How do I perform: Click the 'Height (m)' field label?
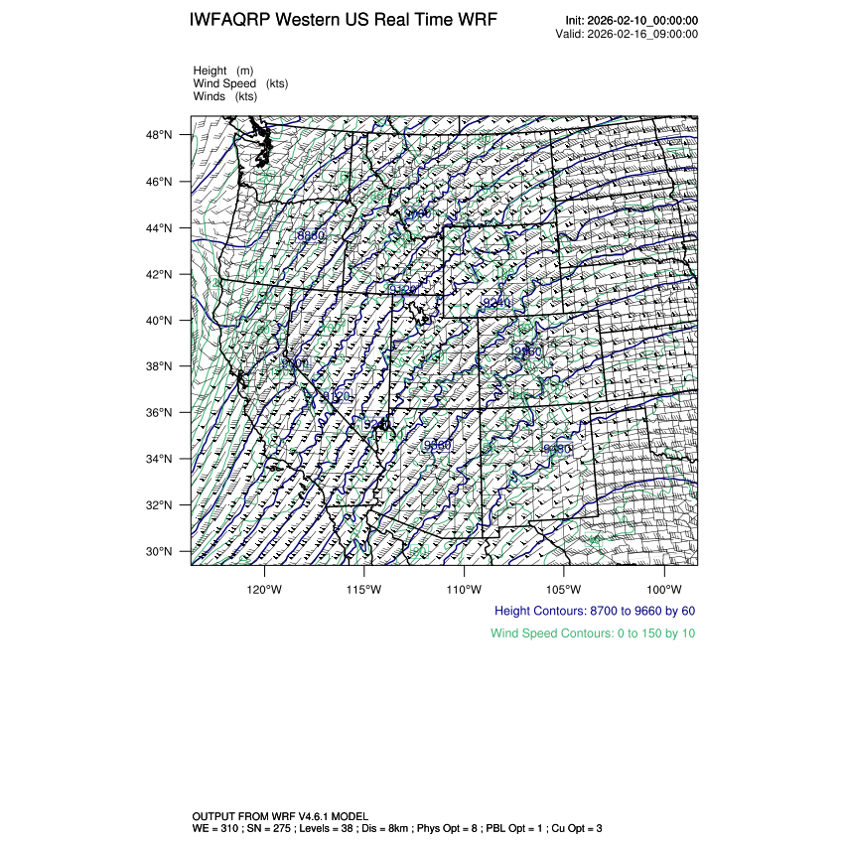(223, 70)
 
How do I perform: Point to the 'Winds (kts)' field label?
(225, 96)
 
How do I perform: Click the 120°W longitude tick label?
(264, 587)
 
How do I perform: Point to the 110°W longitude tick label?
(464, 587)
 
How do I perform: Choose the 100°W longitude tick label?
(663, 587)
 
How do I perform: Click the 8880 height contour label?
(311, 235)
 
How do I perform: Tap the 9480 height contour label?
(558, 449)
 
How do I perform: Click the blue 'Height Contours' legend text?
(595, 611)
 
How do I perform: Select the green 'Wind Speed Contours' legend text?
(593, 633)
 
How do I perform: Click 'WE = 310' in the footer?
(215, 827)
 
